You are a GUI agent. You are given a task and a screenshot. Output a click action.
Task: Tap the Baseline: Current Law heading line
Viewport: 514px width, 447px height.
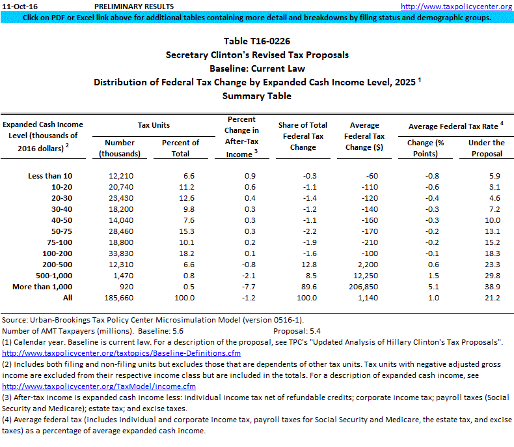[257, 68]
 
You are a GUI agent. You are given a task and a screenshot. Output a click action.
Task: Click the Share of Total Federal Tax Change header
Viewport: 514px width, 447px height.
[303, 136]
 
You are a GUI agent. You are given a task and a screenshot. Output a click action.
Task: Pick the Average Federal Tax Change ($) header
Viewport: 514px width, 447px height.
[364, 136]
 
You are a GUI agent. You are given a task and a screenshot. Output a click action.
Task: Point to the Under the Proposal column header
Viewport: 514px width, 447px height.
[486, 148]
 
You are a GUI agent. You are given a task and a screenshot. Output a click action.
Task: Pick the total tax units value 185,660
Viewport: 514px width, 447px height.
[118, 297]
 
